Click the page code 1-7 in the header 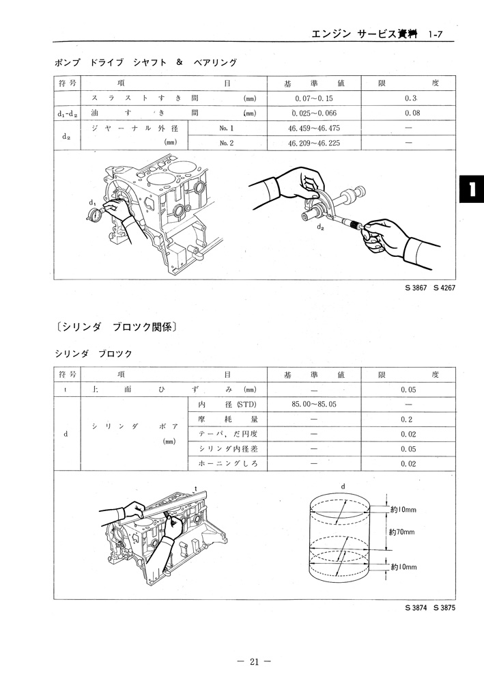pos(437,33)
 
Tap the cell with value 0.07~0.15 pos(313,98)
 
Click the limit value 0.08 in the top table pos(412,113)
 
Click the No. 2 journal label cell pos(227,143)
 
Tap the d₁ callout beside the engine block pos(92,203)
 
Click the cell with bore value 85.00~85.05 pos(313,404)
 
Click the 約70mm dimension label pos(402,530)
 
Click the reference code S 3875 pos(443,607)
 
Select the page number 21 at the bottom pos(253,661)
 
